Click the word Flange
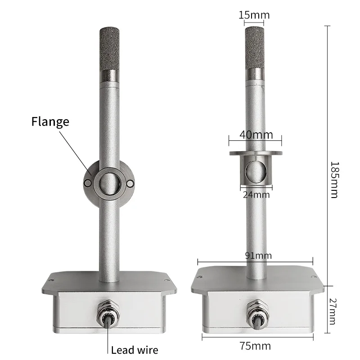coord(50,121)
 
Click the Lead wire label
coord(135,350)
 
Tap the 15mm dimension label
coord(254,15)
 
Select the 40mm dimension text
coord(256,135)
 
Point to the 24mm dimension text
coord(256,195)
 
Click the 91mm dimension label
coord(258,255)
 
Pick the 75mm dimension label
coord(255,346)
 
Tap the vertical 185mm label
coord(334,180)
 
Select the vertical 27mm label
coord(333,311)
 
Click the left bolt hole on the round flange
coord(87,183)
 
